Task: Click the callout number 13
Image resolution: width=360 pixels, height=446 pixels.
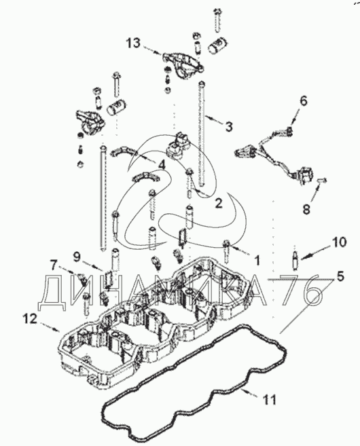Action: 133,43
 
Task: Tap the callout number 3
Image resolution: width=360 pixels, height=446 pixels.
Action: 228,126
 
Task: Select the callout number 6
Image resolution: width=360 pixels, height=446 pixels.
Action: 304,100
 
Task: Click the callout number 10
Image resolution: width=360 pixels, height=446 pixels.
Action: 339,242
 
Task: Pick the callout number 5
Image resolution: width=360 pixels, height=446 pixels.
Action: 340,276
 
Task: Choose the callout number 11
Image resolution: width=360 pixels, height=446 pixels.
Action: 269,400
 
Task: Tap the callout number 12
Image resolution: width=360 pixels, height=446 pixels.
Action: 30,319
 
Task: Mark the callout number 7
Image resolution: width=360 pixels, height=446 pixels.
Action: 54,267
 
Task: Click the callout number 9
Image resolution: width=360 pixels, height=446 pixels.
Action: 77,257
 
